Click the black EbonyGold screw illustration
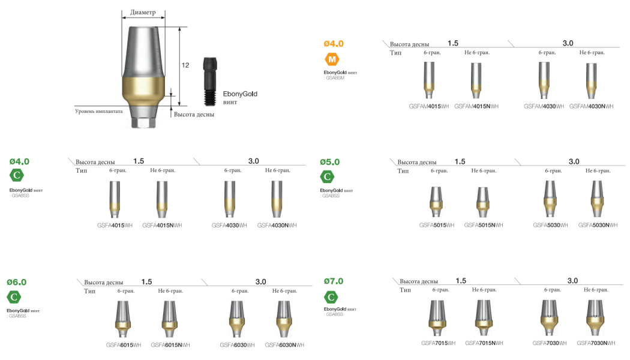tap(210, 82)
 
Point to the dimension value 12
tap(185, 65)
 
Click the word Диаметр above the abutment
tap(143, 13)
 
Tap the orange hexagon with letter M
tap(332, 59)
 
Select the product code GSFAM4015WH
tap(429, 106)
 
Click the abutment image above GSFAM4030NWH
tap(591, 81)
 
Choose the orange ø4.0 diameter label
tap(334, 43)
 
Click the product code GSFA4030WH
tap(229, 226)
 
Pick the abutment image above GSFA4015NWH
tap(162, 199)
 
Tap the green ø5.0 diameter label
tap(330, 162)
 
